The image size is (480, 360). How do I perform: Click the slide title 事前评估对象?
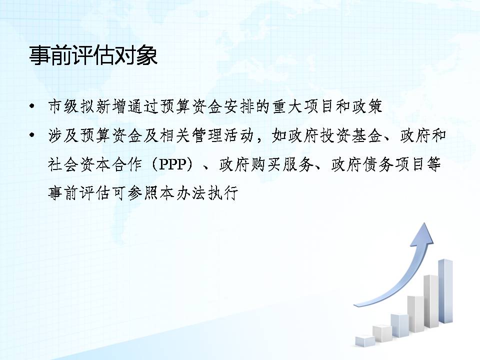coord(93,56)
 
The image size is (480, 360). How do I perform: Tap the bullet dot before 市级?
coord(32,106)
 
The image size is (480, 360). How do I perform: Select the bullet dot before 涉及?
coord(32,135)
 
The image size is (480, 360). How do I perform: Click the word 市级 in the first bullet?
coord(63,106)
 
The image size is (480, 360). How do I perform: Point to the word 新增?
coord(111,106)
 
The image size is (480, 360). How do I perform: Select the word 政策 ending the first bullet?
coord(366,106)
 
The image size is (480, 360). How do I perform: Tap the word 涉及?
coord(63,135)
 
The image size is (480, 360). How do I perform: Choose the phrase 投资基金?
coord(351,135)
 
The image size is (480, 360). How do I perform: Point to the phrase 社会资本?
coord(79,164)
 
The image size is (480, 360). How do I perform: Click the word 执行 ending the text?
coord(222,193)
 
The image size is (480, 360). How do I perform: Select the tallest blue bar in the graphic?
coord(445,291)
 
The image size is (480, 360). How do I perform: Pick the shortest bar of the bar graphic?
coord(365,341)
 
